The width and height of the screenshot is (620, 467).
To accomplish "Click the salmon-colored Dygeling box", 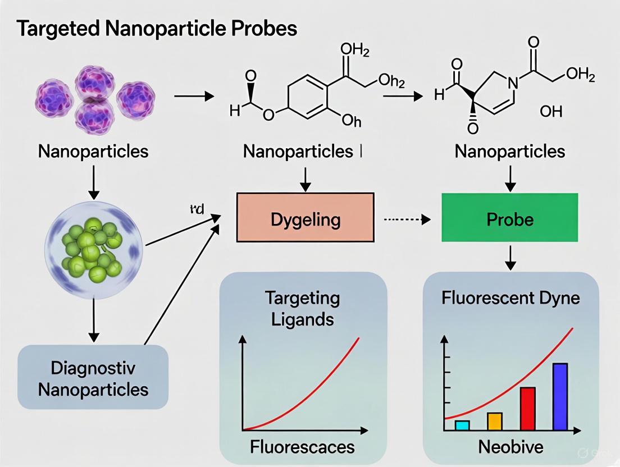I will point(305,218).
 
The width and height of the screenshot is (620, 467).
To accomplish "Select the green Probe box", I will point(509,218).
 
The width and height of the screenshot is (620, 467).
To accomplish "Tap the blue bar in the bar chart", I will point(560,396).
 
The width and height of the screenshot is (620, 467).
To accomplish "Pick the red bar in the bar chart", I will point(528,408).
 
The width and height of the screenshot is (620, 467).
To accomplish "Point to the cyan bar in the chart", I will point(462,425).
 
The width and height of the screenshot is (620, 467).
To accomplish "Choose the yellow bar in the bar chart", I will point(494,421).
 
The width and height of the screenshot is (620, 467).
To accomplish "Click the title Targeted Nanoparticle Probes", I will point(157,29).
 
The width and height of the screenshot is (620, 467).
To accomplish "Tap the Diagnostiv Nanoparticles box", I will point(93,378).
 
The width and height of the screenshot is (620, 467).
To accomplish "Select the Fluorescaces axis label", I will point(303,447).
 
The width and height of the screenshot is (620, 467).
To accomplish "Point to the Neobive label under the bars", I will point(510,447).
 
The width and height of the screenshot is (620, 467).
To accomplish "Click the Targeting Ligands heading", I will point(303,308).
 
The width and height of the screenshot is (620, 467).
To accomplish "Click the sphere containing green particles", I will point(92,246).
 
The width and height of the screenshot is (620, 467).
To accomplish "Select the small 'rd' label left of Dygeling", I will point(197,210).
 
